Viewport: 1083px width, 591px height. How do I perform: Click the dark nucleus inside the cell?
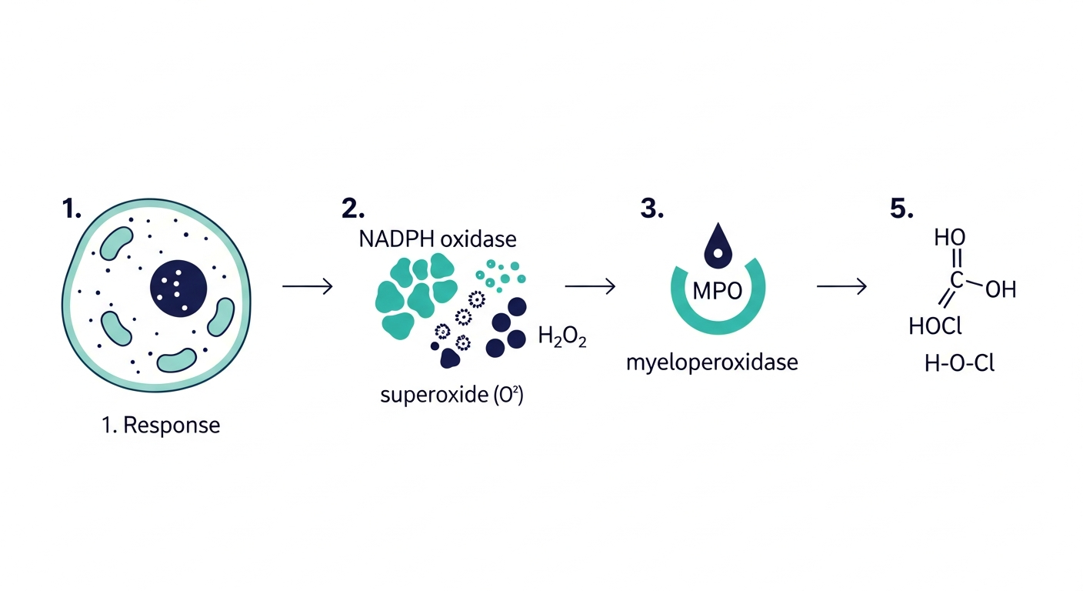pyautogui.click(x=178, y=289)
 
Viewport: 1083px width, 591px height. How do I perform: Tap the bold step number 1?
pyautogui.click(x=71, y=209)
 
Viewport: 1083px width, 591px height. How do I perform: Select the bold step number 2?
pyautogui.click(x=353, y=209)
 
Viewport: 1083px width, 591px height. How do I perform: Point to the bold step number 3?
pyautogui.click(x=651, y=209)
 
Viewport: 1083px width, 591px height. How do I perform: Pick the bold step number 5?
pyautogui.click(x=901, y=209)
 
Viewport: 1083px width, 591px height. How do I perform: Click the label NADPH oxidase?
pyautogui.click(x=438, y=239)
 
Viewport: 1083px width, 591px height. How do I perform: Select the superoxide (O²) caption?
pyautogui.click(x=452, y=395)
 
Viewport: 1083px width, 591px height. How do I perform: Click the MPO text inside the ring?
pyautogui.click(x=718, y=291)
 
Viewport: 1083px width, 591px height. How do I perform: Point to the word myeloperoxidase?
pyautogui.click(x=712, y=362)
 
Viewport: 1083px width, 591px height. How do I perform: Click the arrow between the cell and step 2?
pyautogui.click(x=308, y=286)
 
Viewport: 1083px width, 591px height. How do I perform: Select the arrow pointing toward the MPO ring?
pyautogui.click(x=590, y=286)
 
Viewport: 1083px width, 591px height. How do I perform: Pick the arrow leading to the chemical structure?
pyautogui.click(x=841, y=286)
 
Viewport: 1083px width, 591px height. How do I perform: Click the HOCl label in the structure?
pyautogui.click(x=935, y=326)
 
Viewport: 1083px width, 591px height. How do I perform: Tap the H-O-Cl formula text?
pyautogui.click(x=960, y=364)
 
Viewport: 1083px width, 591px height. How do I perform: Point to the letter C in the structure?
pyautogui.click(x=957, y=280)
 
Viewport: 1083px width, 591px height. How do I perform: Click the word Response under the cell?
pyautogui.click(x=172, y=426)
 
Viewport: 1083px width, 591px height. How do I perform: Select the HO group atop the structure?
pyautogui.click(x=950, y=238)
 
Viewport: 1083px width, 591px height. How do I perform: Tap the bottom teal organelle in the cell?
pyautogui.click(x=176, y=360)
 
